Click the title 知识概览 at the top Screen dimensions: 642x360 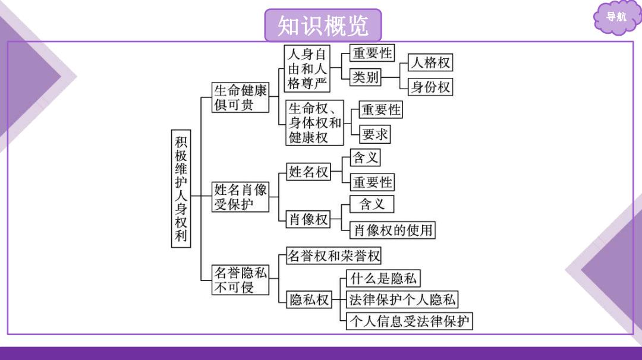[x=323, y=26]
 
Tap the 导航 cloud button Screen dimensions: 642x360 [x=616, y=17]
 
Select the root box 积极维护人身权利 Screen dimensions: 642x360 [x=181, y=188]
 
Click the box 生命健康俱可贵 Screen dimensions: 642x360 [x=240, y=97]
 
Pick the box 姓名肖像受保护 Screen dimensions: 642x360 [x=240, y=197]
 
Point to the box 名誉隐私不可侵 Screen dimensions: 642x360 [x=240, y=280]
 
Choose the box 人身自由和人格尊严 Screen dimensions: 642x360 [x=307, y=69]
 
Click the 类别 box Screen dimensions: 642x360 [x=365, y=77]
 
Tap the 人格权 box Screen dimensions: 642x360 [x=430, y=62]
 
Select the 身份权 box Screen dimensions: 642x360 [x=430, y=87]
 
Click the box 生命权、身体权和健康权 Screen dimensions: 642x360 [x=314, y=123]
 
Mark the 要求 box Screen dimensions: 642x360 [x=374, y=134]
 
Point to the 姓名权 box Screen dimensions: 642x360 [x=309, y=172]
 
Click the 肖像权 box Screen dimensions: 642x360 [x=309, y=219]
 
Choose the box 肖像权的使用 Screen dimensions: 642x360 [x=392, y=230]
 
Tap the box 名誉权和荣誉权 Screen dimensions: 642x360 [x=333, y=255]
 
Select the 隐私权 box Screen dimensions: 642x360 [x=309, y=299]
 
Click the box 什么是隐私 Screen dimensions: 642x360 [x=383, y=279]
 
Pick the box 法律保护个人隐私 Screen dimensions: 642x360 [x=402, y=299]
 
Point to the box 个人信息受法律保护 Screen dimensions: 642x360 [x=410, y=321]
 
